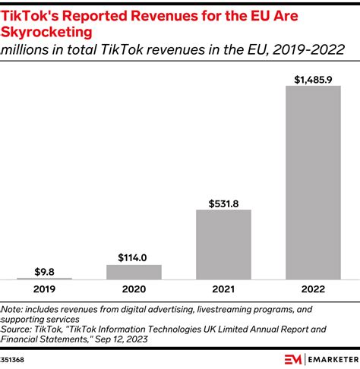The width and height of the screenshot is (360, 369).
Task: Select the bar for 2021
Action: (x=223, y=244)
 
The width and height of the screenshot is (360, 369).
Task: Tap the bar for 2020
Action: (x=134, y=272)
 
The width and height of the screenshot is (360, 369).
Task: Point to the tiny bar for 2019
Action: (x=44, y=279)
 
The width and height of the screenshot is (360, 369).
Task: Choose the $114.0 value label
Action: (x=134, y=257)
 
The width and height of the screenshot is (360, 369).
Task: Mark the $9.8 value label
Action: (x=44, y=271)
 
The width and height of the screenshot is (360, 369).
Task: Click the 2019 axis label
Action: (x=44, y=290)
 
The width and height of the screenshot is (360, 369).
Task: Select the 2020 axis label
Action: (x=134, y=290)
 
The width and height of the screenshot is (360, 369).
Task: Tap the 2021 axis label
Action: (x=223, y=290)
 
